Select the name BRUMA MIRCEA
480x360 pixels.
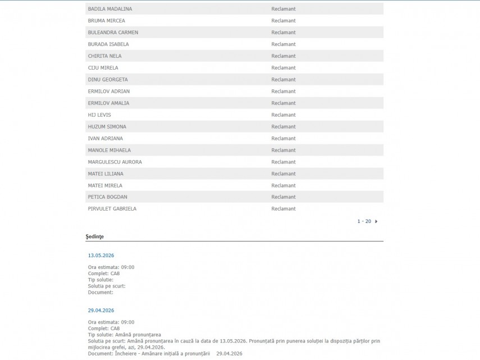tap(106, 21)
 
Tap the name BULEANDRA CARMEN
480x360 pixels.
tap(113, 33)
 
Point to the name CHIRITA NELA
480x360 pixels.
tap(104, 56)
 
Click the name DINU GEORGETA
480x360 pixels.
tap(108, 80)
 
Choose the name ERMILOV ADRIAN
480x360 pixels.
tap(109, 92)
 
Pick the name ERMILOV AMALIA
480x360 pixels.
tap(108, 103)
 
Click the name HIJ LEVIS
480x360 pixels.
tap(99, 115)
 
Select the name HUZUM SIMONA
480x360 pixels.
tap(107, 127)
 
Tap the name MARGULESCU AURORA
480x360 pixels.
tap(115, 162)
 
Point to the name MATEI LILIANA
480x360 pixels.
tap(106, 174)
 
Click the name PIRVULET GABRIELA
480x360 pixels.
tap(112, 209)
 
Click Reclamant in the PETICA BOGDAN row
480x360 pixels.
tap(284, 197)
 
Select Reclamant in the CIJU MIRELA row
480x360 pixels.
tap(284, 68)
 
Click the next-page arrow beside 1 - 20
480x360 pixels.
tap(376, 221)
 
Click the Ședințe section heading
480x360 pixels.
tap(95, 237)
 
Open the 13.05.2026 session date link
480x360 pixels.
tap(101, 256)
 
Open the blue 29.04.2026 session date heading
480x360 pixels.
tap(101, 311)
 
